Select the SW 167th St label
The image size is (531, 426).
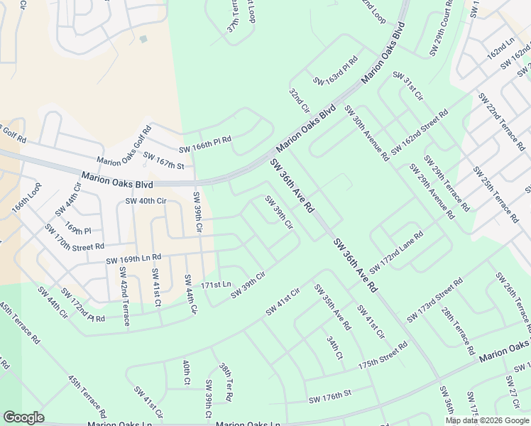point(163,160)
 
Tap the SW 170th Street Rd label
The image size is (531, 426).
point(74,239)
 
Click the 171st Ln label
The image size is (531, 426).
point(216,284)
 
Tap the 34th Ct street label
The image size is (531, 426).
point(335,348)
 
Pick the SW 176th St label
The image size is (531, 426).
point(330,398)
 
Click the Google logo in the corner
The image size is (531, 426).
point(23,417)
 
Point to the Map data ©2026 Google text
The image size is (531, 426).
point(486,420)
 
